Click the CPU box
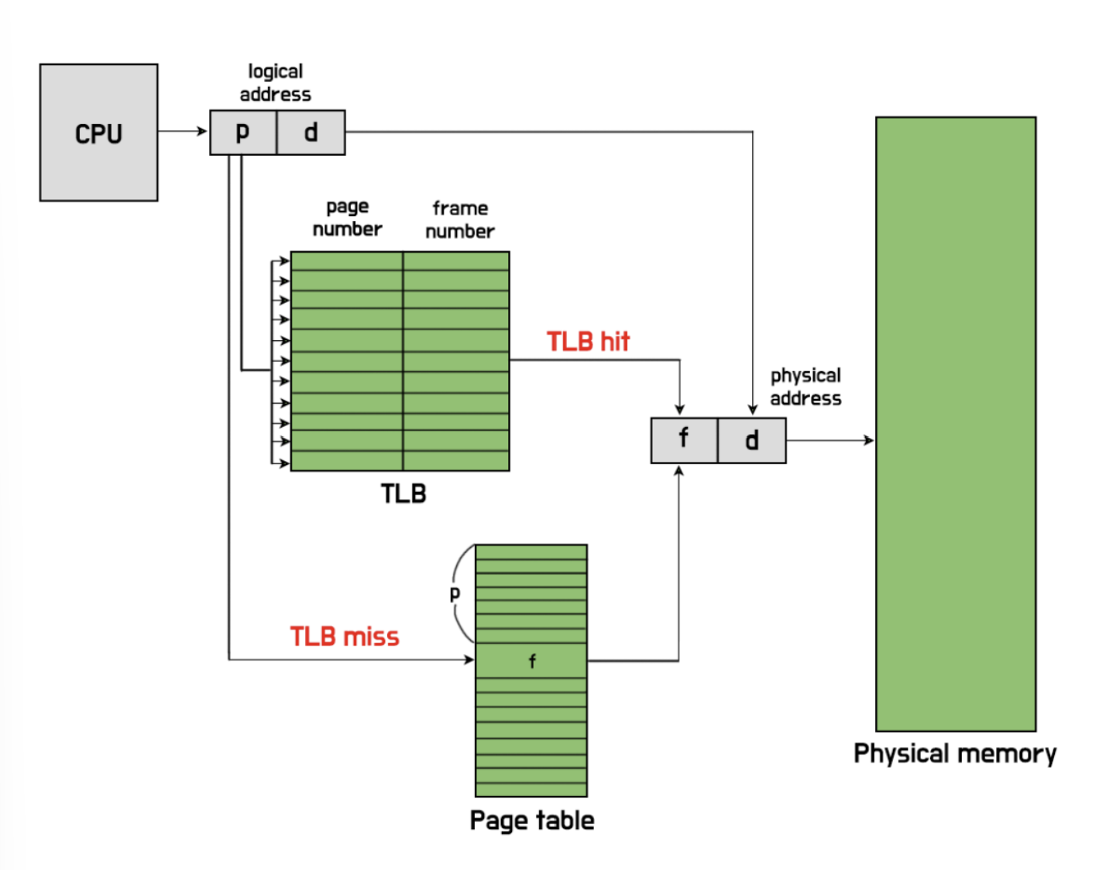tap(98, 133)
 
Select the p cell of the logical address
tap(243, 133)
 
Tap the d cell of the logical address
tap(311, 133)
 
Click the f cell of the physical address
tap(684, 440)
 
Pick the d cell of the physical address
tap(751, 440)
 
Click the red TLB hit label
tap(588, 342)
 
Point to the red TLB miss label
tap(345, 637)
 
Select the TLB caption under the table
tap(403, 494)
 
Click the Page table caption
tap(532, 821)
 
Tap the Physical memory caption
tap(955, 754)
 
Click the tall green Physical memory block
tap(956, 424)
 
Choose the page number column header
tap(347, 218)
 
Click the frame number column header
tap(460, 219)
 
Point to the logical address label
tap(275, 83)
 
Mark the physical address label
tap(805, 387)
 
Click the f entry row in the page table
tap(531, 661)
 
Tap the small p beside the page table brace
tap(455, 594)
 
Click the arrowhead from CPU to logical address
tap(203, 131)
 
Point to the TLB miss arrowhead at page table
tap(469, 659)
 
